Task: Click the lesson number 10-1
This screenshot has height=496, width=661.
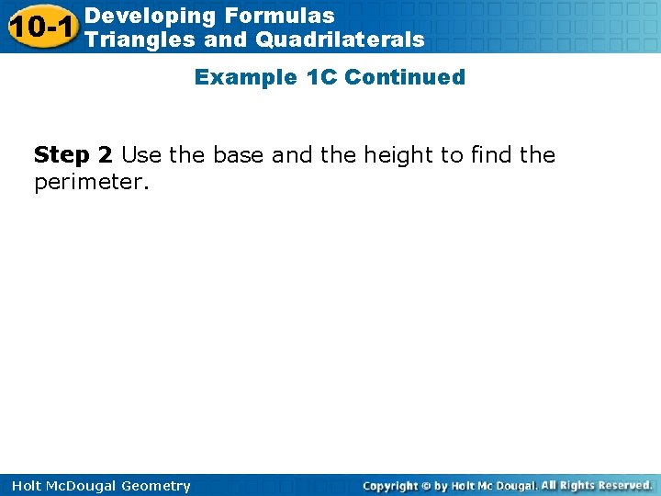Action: point(41,28)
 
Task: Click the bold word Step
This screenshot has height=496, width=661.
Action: point(61,155)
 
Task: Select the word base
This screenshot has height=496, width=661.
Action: point(240,155)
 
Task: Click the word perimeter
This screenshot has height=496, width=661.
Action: point(88,182)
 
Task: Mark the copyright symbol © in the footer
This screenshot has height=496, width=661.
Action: point(427,486)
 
